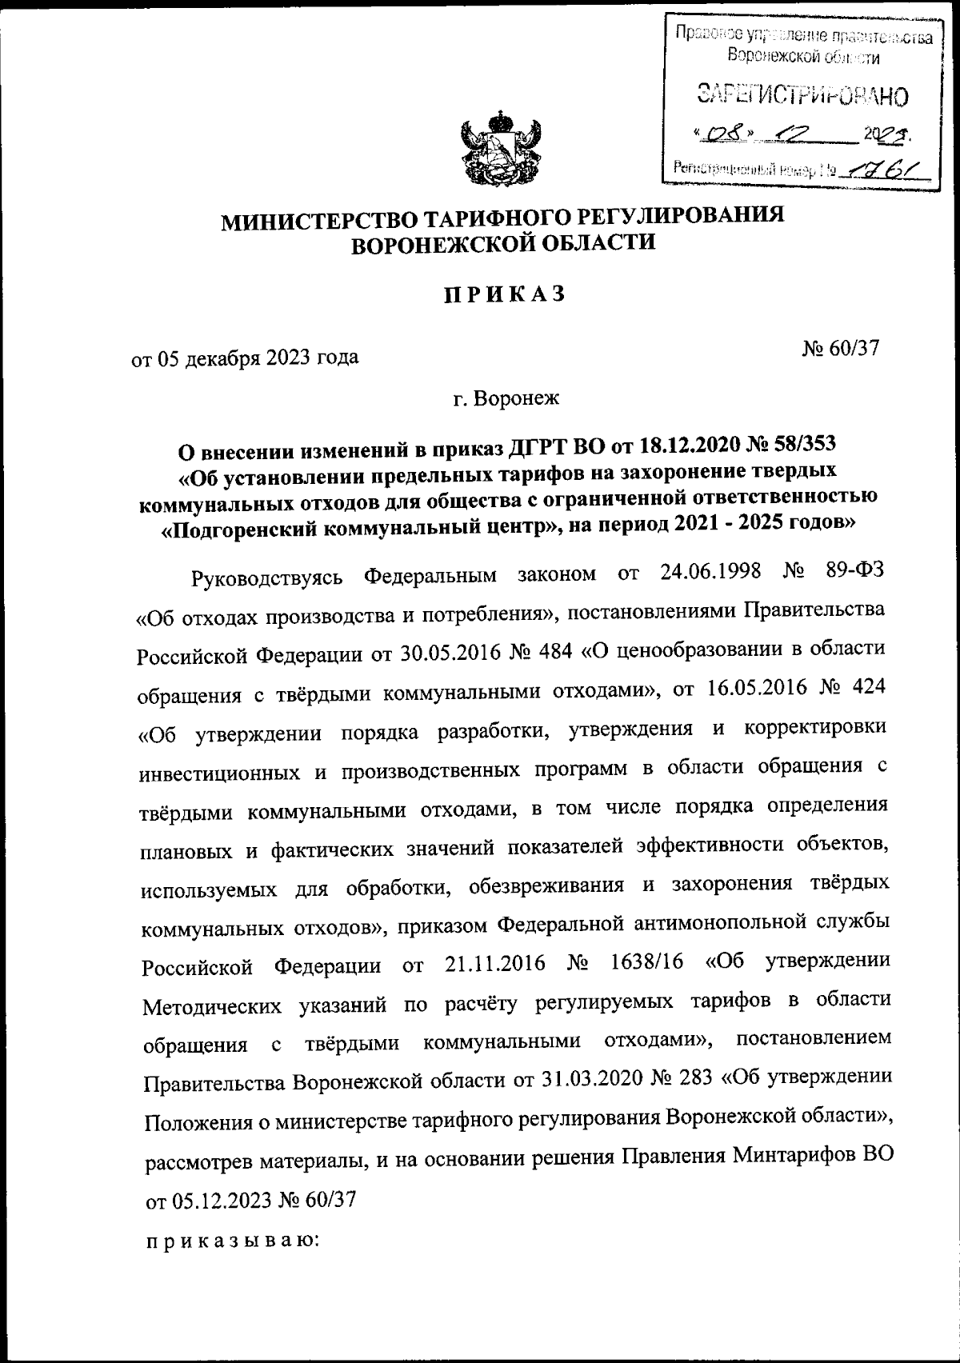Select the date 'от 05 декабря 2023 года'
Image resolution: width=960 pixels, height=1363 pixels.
pos(245,357)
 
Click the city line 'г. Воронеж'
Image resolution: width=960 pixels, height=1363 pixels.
pos(508,398)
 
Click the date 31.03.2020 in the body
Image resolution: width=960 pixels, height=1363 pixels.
pos(588,1081)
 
